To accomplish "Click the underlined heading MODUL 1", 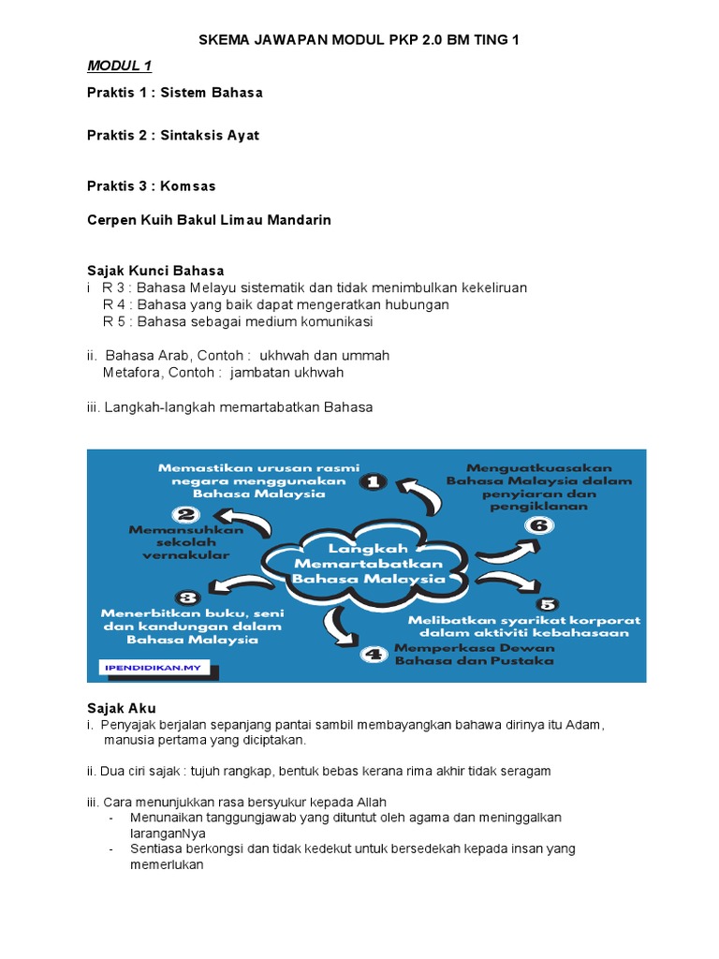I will click(119, 66).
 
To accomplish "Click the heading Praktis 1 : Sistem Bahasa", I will click(175, 93).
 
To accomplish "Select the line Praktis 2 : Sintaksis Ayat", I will click(173, 135).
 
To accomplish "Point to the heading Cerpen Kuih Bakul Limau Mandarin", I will click(209, 220).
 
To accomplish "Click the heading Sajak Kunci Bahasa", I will click(155, 271).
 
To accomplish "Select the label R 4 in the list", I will click(115, 304).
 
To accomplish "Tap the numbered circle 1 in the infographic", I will click(373, 481).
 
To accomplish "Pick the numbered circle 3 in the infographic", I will click(187, 597).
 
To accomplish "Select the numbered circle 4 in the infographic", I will click(374, 653).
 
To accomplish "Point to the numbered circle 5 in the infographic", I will click(547, 604).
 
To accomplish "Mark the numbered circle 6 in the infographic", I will click(538, 524).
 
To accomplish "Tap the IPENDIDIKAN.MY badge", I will click(154, 669).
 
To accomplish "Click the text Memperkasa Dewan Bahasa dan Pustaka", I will click(474, 654).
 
